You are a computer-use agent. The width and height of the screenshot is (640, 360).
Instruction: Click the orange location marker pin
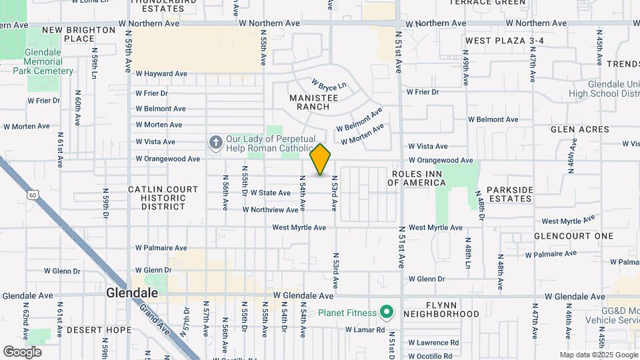point(321,159)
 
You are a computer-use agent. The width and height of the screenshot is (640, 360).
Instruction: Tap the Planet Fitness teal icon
point(386,312)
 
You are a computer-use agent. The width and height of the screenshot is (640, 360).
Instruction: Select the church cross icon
point(215,143)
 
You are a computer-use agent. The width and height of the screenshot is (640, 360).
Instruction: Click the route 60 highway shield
point(33,195)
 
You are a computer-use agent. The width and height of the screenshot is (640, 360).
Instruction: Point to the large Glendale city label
point(133,293)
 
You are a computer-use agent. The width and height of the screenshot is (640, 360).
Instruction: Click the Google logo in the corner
point(22,352)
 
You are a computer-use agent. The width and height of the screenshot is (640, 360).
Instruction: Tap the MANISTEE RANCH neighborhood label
point(309,102)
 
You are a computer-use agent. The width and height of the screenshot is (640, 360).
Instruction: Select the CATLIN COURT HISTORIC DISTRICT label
point(163,198)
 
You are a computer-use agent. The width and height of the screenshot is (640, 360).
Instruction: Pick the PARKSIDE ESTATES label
point(510,194)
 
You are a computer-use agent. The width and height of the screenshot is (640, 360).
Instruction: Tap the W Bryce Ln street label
point(329,86)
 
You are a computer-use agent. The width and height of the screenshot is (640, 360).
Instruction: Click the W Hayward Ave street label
point(161,74)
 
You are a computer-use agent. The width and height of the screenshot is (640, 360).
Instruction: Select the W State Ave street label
point(270,193)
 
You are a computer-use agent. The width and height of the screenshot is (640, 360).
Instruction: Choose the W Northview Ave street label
point(271,209)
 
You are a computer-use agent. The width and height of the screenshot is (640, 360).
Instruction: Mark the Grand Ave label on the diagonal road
point(155,319)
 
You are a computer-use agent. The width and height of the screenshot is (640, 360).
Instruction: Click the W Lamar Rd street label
point(365,329)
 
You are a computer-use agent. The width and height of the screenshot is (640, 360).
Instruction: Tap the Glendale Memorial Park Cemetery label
point(49,61)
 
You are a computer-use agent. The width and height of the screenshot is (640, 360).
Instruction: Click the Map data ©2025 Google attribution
point(598,355)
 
